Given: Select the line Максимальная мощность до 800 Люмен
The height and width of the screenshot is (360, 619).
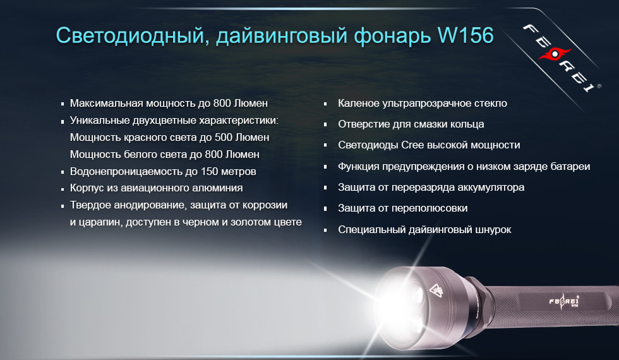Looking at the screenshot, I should (169, 103).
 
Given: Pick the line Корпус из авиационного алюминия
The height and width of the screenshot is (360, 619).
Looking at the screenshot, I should (156, 188).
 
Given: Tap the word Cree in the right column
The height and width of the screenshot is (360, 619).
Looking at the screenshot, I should (412, 145).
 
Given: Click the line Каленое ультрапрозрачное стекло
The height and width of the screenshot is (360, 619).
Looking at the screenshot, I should (422, 103).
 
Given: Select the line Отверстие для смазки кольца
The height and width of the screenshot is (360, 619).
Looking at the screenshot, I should (411, 124).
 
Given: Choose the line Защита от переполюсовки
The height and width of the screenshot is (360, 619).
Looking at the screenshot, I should (402, 208).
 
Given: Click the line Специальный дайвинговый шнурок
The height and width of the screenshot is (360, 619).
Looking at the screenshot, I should (424, 230).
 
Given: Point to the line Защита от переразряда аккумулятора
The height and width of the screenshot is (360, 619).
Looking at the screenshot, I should (431, 188).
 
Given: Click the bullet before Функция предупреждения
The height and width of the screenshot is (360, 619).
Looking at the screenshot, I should (325, 167).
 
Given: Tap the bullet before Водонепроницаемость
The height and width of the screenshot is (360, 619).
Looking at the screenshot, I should (63, 172).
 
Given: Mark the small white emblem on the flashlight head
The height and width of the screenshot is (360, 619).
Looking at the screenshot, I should (435, 291).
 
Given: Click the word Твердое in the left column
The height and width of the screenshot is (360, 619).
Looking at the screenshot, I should (89, 205).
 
